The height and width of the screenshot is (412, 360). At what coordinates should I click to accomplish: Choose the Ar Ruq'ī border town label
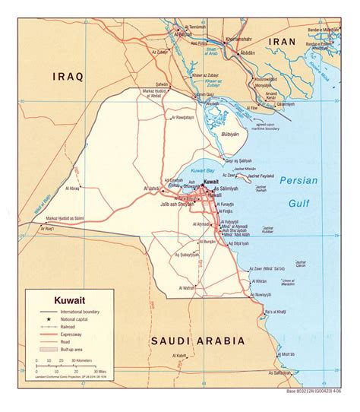(x=50, y=229)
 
